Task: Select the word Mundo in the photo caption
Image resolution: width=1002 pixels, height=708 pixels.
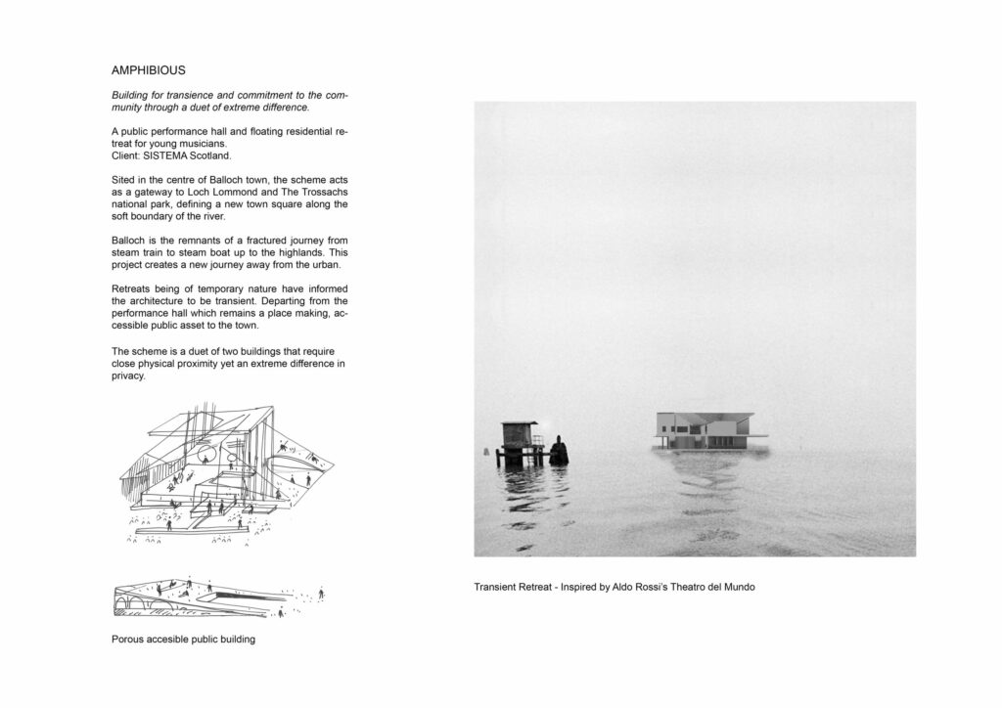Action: pyautogui.click(x=736, y=587)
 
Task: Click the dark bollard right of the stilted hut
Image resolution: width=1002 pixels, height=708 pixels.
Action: pyautogui.click(x=559, y=449)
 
